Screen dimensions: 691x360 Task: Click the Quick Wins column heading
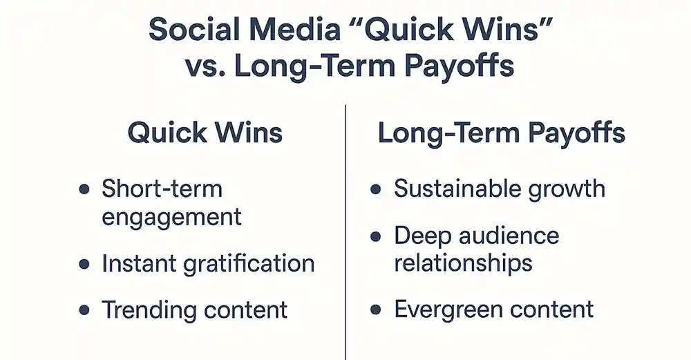[x=205, y=133]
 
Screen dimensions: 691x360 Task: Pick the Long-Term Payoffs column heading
[x=502, y=133]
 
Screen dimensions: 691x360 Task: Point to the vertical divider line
[x=346, y=232]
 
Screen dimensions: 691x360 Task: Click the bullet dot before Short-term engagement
[x=84, y=189]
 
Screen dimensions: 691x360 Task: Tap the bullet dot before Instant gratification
[x=84, y=264]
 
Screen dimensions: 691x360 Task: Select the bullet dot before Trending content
[x=84, y=310]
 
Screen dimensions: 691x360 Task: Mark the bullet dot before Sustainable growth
[x=375, y=189]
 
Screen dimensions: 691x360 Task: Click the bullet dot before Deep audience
[x=375, y=236]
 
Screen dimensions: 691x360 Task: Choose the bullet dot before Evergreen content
[x=375, y=310]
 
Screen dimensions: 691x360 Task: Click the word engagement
[x=172, y=218]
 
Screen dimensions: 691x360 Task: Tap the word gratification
[x=249, y=264]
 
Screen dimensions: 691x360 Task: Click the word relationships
[x=463, y=263]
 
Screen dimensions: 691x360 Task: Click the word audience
[x=509, y=236]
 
